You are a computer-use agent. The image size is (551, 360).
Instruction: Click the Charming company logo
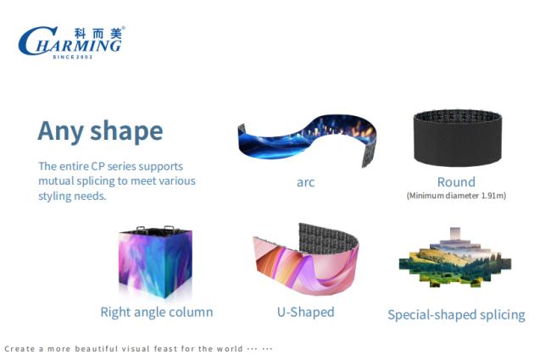tap(71, 42)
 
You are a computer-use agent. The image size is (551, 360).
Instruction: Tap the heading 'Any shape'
tap(100, 131)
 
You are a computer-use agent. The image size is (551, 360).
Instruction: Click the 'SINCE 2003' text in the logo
tap(73, 57)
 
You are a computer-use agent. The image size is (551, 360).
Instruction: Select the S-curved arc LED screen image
tap(307, 140)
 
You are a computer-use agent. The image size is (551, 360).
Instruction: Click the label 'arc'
tap(305, 183)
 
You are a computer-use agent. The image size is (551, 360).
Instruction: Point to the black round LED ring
tap(458, 138)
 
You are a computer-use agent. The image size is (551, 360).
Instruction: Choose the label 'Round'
tap(456, 182)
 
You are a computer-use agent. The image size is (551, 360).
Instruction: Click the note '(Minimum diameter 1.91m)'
tap(456, 196)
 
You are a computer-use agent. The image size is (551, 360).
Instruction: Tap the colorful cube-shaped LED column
tap(155, 262)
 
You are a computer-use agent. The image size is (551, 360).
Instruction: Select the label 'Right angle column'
tap(157, 312)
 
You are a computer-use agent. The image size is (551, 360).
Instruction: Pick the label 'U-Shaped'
tap(306, 312)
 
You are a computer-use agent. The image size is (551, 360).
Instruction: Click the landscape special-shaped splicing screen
tap(455, 258)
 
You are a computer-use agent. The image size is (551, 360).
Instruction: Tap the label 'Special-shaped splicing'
tap(456, 315)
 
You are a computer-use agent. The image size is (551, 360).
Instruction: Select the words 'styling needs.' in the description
tap(72, 196)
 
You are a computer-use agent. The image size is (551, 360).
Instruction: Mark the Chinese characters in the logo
tap(98, 33)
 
